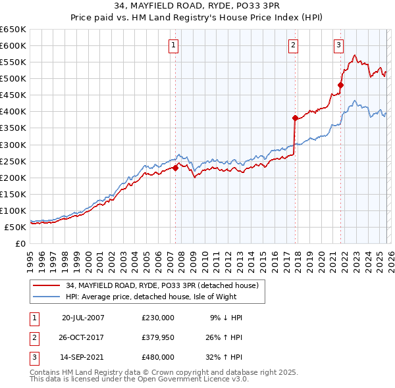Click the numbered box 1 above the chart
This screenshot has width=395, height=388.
tap(173, 45)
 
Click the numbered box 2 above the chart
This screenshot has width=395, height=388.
tap(292, 45)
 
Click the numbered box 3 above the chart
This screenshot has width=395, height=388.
tap(338, 45)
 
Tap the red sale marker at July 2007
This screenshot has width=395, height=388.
tap(176, 168)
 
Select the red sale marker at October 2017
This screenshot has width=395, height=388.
tap(295, 118)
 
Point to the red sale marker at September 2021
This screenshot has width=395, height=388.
tap(340, 85)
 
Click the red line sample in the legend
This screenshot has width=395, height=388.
tap(47, 285)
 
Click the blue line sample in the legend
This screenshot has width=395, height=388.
tap(47, 297)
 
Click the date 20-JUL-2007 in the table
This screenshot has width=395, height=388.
tap(83, 317)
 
